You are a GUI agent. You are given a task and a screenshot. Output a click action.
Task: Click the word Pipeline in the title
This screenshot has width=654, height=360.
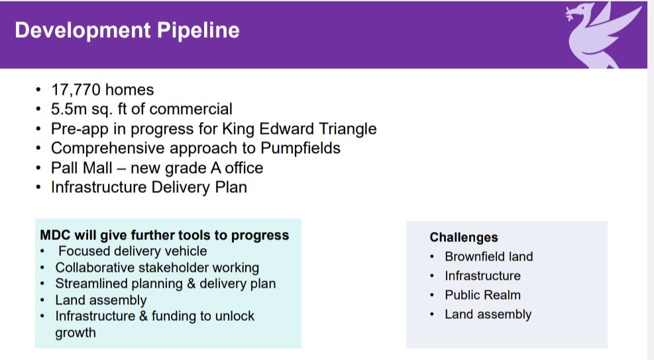tap(198, 30)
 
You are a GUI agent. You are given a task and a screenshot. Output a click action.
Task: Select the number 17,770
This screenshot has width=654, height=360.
tap(76, 90)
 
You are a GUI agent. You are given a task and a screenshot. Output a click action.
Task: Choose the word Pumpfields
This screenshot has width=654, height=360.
tap(300, 148)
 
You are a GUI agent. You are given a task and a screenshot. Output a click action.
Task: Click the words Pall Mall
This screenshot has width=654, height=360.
tap(82, 168)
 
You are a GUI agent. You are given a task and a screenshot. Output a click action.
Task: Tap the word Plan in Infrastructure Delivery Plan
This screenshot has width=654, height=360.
tap(231, 187)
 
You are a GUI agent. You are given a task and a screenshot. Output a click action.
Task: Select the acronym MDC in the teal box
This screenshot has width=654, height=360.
tap(55, 235)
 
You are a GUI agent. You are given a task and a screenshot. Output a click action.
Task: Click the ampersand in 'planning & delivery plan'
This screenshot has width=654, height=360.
tap(191, 284)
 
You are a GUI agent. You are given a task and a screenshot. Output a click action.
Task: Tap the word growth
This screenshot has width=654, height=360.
tap(76, 333)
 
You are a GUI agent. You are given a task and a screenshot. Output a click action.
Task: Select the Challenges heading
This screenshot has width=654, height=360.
tap(464, 237)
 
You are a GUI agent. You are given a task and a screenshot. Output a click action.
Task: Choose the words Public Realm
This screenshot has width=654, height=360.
tap(482, 295)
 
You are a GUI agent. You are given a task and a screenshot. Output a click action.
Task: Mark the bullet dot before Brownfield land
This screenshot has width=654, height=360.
tap(432, 257)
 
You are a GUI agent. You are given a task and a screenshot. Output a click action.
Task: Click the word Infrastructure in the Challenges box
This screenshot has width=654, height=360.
tap(482, 276)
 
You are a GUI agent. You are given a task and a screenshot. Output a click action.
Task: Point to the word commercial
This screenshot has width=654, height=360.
tap(191, 109)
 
